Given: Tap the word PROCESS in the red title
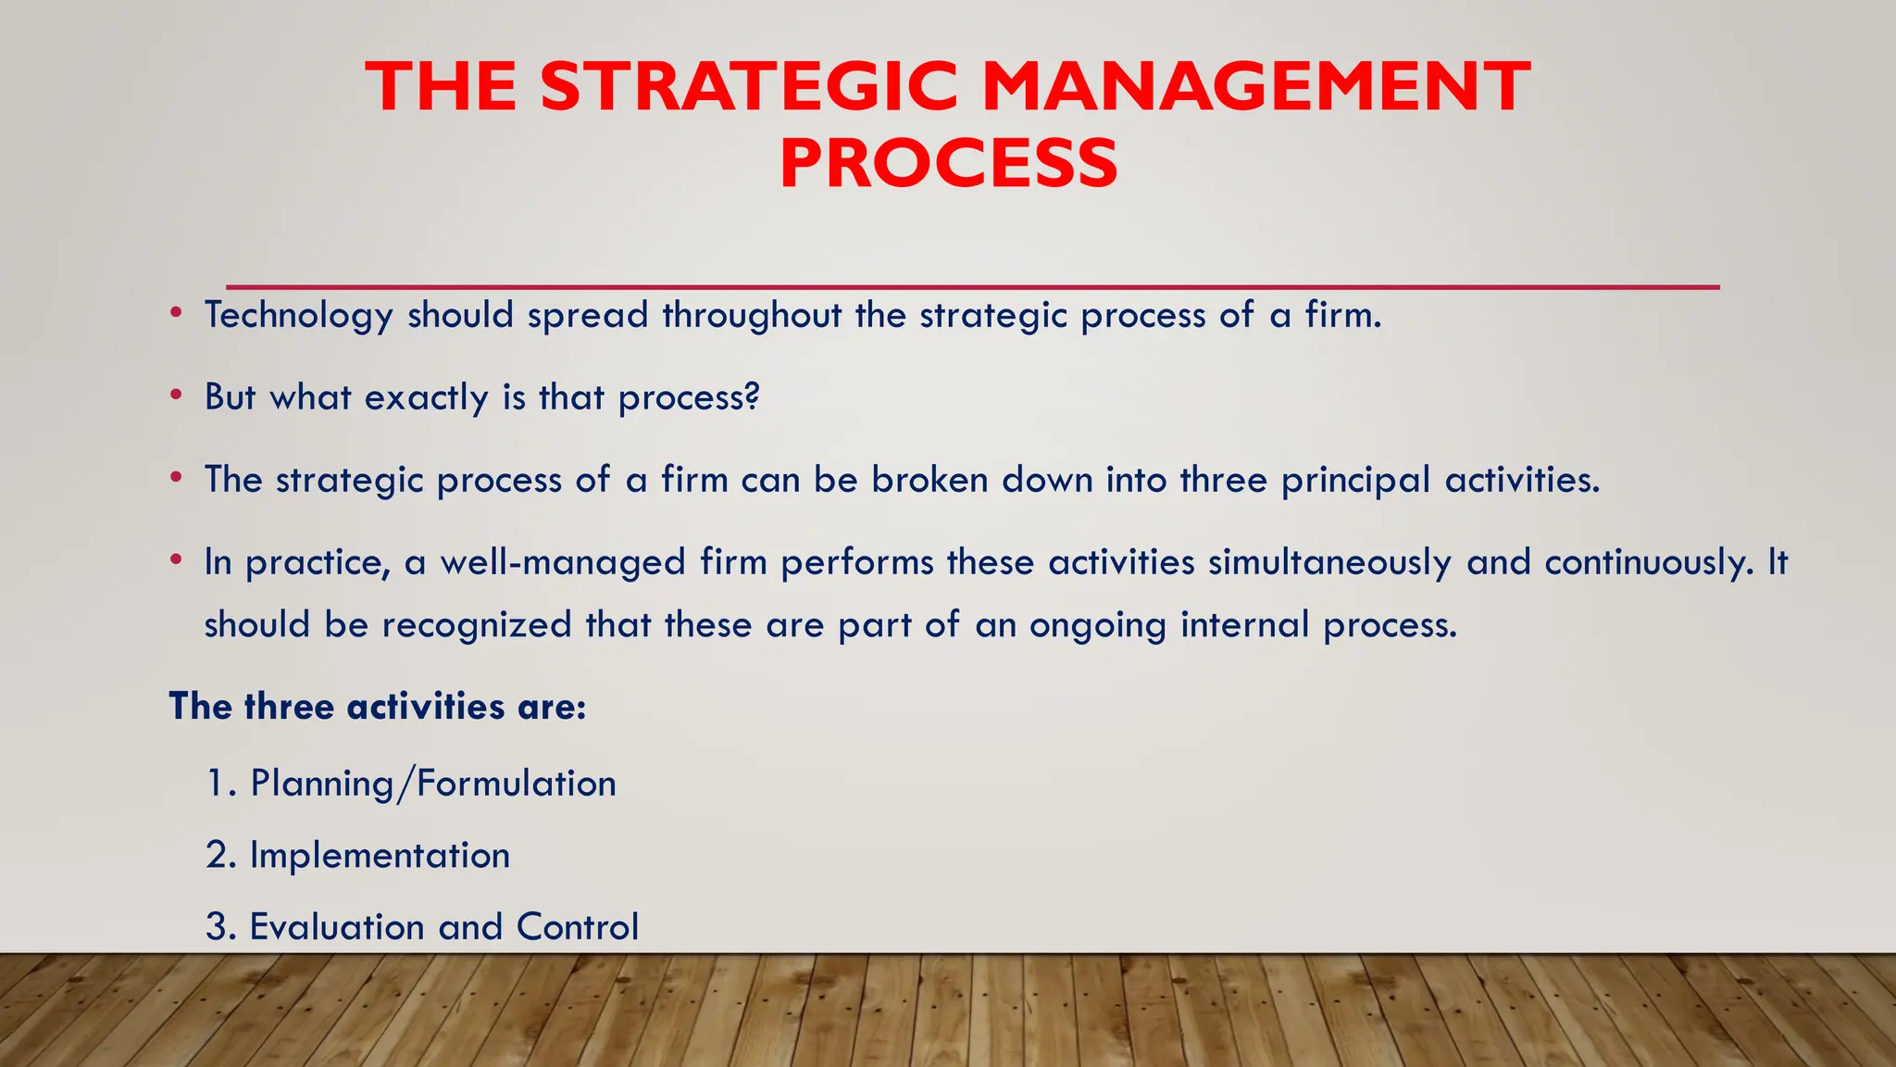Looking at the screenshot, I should pos(949,163).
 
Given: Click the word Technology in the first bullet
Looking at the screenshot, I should pos(299,316).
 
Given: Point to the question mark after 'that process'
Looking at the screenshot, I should pos(753,395).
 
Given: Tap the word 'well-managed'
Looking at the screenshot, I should pos(562,562).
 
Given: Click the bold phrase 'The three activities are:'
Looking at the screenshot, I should pos(378,707).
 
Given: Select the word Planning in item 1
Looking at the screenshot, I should pos(322,784).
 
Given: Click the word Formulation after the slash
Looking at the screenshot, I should pos(517,784).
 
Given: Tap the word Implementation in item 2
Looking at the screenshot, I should pos(380,855).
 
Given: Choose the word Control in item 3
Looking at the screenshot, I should pos(578,926).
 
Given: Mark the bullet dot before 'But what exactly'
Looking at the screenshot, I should pos(176,395).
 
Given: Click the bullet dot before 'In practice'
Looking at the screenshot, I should pos(176,560).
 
